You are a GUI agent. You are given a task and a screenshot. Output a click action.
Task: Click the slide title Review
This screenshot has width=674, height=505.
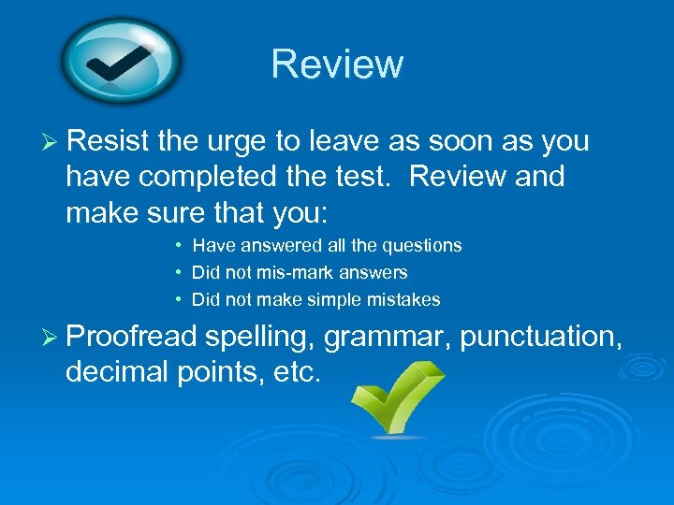pos(337,64)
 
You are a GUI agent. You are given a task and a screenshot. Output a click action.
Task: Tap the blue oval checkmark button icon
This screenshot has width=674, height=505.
pos(123,62)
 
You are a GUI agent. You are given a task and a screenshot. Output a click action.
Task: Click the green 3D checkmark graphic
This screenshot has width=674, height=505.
pos(394,397)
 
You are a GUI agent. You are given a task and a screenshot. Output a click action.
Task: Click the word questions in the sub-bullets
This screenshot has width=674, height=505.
pos(426,246)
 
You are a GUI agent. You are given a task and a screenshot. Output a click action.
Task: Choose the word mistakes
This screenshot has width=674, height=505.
pos(405,300)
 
